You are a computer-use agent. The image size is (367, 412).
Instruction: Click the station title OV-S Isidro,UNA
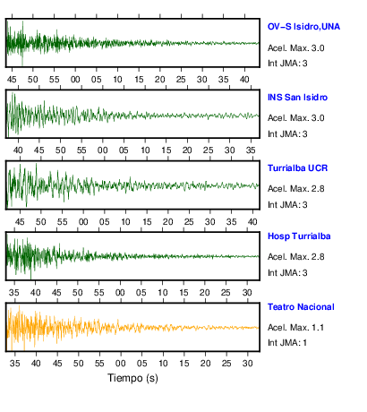point(303,27)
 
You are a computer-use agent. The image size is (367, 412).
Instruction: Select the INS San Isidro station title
point(297,98)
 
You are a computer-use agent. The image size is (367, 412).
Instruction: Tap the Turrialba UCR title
point(297,168)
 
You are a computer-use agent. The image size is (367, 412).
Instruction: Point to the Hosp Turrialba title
point(299,236)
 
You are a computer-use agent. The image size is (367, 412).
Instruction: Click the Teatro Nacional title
point(301,307)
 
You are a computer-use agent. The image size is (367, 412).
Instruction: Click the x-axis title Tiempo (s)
point(132,378)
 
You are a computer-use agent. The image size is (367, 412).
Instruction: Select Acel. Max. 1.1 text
point(295,328)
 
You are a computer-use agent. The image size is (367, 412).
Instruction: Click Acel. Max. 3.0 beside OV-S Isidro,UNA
point(295,48)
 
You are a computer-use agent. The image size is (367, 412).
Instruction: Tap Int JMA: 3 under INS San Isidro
point(287,134)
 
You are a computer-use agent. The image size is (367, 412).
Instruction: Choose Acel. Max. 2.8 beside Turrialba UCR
point(295,189)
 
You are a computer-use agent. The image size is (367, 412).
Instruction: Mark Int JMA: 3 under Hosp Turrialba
point(287,273)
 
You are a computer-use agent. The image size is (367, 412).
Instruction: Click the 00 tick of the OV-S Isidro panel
point(75,80)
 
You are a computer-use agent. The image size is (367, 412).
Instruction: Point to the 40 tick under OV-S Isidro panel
point(244,80)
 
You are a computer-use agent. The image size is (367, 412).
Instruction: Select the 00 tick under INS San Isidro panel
point(103,150)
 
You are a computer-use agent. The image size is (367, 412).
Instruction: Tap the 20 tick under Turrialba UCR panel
point(167,222)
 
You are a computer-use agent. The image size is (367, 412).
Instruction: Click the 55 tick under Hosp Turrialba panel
point(98,292)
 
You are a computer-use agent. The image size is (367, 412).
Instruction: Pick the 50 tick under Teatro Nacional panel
point(79,363)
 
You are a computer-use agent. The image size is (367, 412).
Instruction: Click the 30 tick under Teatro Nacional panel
point(248,363)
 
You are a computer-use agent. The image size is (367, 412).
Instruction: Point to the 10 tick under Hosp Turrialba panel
point(162,292)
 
